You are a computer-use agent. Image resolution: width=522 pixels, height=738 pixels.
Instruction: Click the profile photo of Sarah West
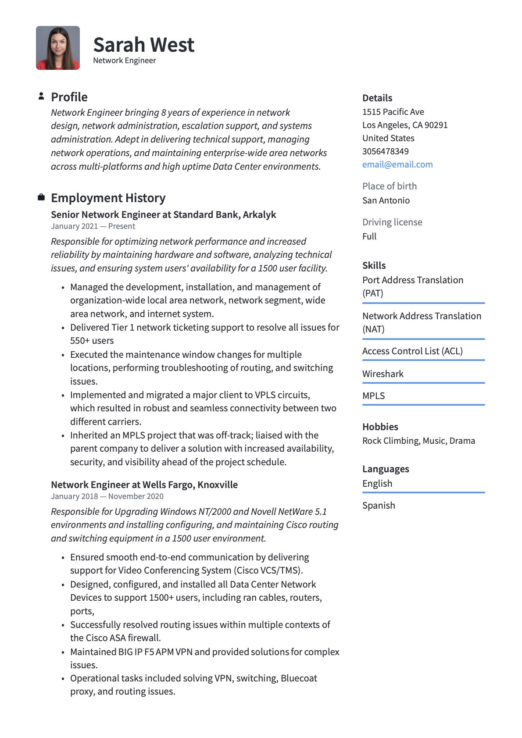tap(58, 48)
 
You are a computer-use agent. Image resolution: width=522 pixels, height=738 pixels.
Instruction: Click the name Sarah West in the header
tap(143, 45)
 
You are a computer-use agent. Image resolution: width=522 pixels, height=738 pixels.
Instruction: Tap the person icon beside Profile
tap(41, 96)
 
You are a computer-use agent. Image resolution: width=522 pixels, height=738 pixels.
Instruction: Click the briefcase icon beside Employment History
tap(41, 197)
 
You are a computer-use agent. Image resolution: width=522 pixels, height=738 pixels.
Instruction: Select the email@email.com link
tap(397, 164)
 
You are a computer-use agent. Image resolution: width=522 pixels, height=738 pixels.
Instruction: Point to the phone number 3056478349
tap(385, 151)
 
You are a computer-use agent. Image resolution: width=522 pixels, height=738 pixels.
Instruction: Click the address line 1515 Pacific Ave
tap(393, 112)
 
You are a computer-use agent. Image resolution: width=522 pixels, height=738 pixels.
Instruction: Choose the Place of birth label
tap(389, 186)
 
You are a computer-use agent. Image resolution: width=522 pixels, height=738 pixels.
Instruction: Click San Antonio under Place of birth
tap(386, 200)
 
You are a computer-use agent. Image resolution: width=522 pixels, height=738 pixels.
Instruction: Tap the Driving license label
tap(392, 222)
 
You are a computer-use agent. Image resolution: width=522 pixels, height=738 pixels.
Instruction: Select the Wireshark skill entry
tap(383, 374)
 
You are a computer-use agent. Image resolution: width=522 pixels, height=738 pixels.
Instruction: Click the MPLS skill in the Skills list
tap(373, 396)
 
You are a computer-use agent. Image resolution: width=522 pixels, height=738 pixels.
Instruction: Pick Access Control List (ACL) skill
tap(412, 351)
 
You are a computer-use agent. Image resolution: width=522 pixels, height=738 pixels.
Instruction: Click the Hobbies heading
tap(380, 427)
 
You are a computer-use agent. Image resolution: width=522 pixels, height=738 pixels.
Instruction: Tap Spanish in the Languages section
tap(378, 506)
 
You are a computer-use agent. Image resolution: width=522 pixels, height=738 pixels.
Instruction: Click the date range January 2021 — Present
tap(93, 226)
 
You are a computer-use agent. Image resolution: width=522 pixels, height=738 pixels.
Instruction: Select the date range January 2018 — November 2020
tap(107, 496)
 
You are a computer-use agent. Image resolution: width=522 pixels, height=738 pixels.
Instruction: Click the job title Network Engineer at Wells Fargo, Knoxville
tap(144, 485)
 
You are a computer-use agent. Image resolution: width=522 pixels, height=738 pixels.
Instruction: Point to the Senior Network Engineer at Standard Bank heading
tap(163, 214)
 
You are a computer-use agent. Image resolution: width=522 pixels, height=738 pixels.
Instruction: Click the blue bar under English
tap(423, 492)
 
